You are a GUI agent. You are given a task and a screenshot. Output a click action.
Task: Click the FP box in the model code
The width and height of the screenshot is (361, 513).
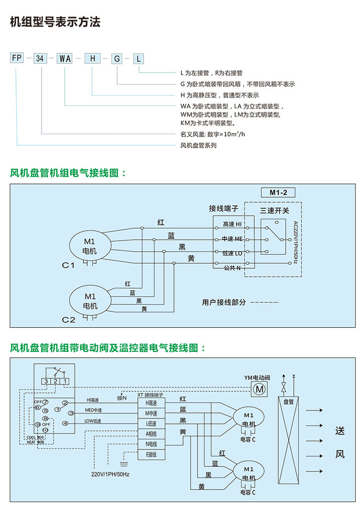[17, 59]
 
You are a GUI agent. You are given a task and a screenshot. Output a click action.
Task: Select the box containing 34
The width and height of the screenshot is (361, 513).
[42, 59]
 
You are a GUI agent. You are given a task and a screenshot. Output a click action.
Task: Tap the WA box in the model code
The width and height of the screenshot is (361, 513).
[65, 59]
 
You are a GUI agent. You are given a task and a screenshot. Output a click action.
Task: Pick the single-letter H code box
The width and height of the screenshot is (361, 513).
[92, 59]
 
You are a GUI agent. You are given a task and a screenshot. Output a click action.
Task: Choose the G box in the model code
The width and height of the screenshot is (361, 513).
[117, 59]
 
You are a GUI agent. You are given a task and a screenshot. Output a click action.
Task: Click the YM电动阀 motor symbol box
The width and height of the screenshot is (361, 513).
[259, 388]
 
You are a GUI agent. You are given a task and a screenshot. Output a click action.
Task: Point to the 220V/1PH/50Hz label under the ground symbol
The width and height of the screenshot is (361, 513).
[110, 474]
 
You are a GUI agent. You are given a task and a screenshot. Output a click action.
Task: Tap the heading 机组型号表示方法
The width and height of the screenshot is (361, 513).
[55, 23]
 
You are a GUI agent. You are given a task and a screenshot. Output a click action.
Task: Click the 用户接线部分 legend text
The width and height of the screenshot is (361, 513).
[224, 302]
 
